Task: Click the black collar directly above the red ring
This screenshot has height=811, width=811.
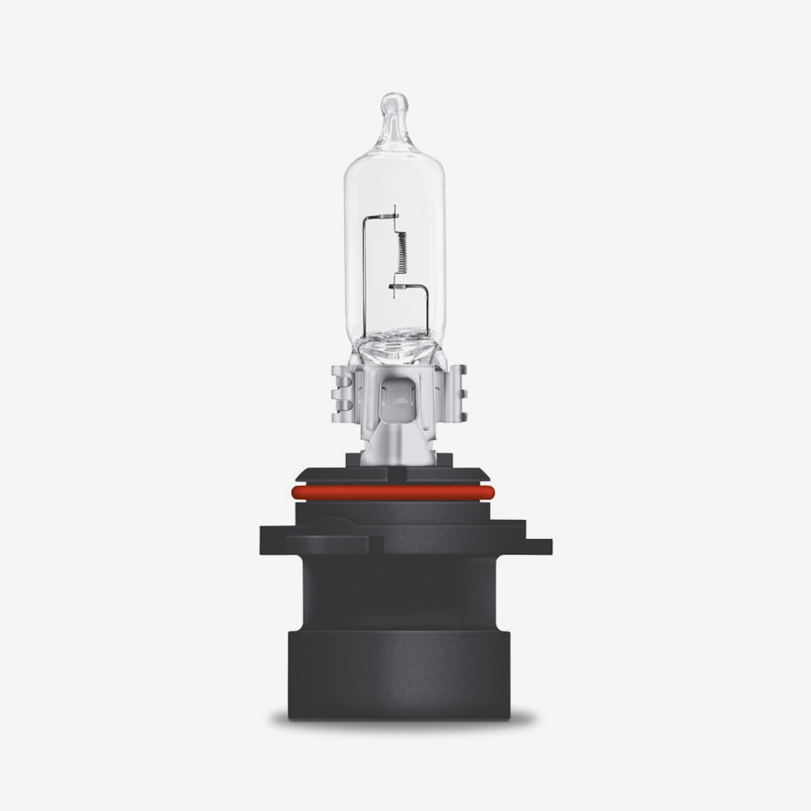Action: pyautogui.click(x=396, y=476)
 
